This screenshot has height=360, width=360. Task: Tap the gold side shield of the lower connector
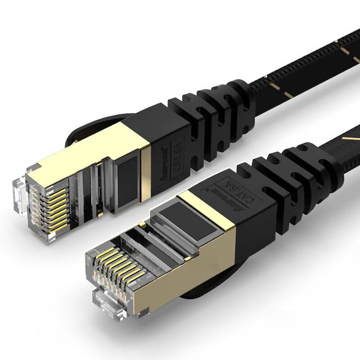pos(193,274)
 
